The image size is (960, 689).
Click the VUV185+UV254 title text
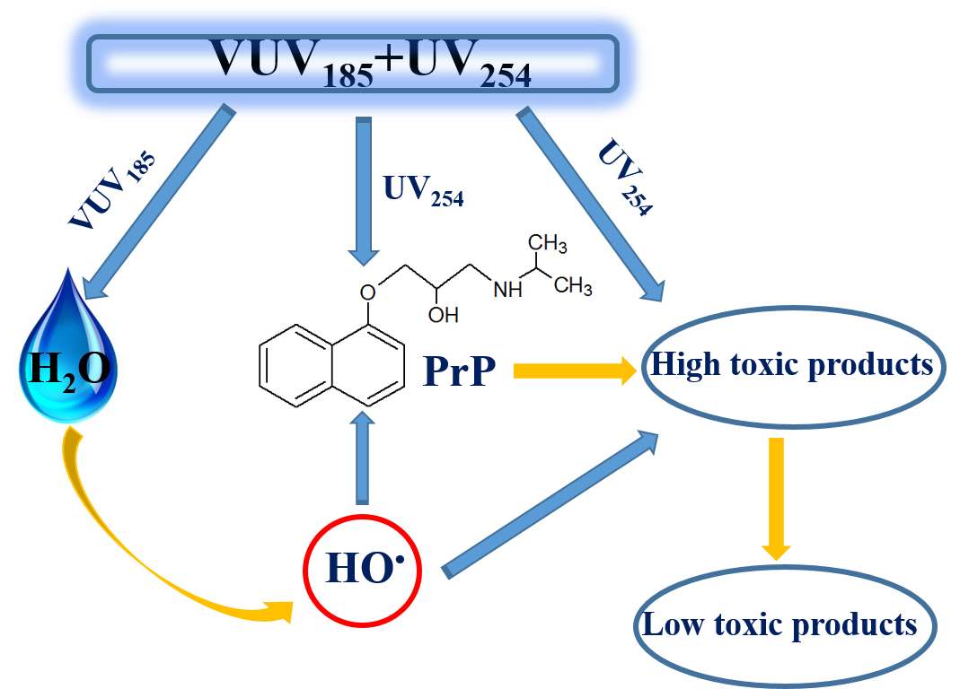(371, 64)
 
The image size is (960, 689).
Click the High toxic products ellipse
(793, 364)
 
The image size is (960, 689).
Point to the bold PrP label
(459, 371)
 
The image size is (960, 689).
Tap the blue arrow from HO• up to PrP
(362, 458)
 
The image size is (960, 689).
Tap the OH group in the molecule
(444, 315)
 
